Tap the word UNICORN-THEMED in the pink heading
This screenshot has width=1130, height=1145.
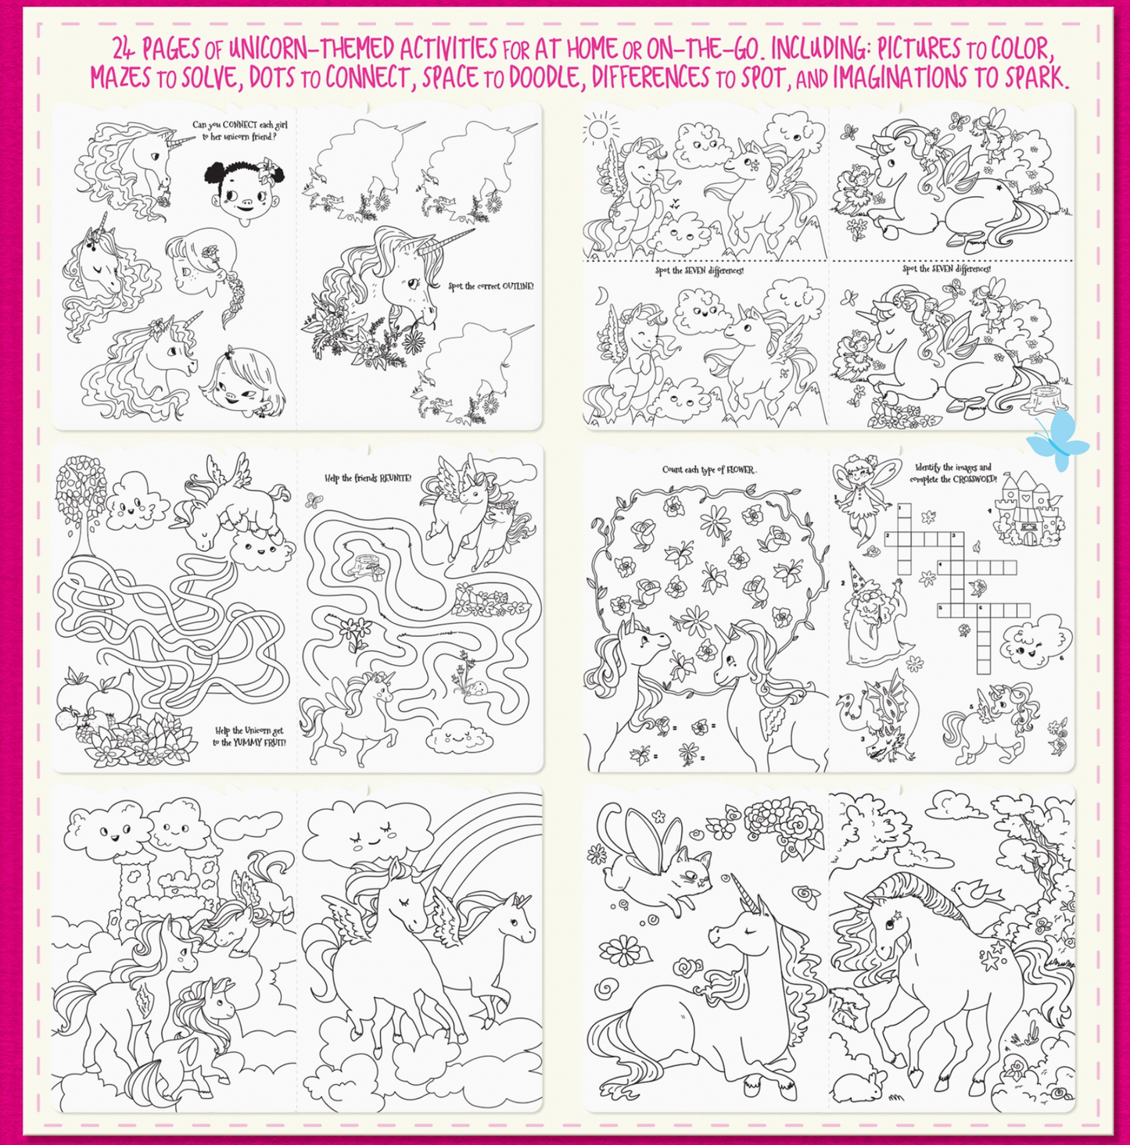tap(311, 49)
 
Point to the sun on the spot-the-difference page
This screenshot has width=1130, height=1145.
tap(601, 127)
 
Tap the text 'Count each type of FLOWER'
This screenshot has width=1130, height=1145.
tap(708, 470)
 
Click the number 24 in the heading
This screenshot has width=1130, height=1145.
tap(124, 49)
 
